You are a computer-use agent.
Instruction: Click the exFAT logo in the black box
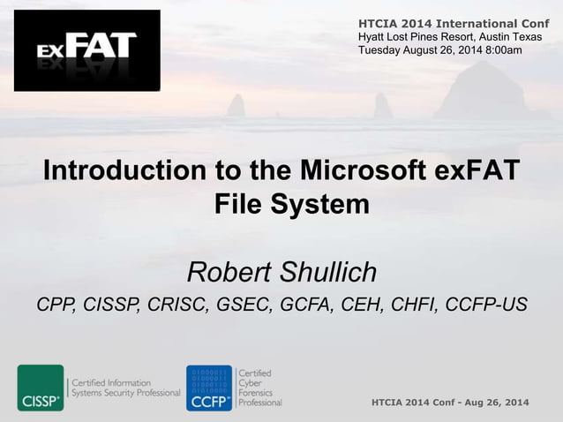pyautogui.click(x=86, y=50)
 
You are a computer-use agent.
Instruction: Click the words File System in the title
pyautogui.click(x=291, y=204)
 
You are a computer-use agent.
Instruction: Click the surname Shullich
pyautogui.click(x=328, y=271)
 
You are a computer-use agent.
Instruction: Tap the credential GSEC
pyautogui.click(x=241, y=305)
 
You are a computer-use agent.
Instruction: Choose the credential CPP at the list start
pyautogui.click(x=54, y=305)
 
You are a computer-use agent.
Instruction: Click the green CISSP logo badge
pyautogui.click(x=41, y=388)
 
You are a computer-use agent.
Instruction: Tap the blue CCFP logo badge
pyautogui.click(x=209, y=388)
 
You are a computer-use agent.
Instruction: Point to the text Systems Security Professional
pyautogui.click(x=127, y=393)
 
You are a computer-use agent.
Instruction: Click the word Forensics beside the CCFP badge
pyautogui.click(x=260, y=393)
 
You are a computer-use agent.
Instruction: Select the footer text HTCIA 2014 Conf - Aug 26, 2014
pyautogui.click(x=451, y=403)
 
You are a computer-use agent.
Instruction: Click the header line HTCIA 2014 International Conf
pyautogui.click(x=453, y=22)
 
